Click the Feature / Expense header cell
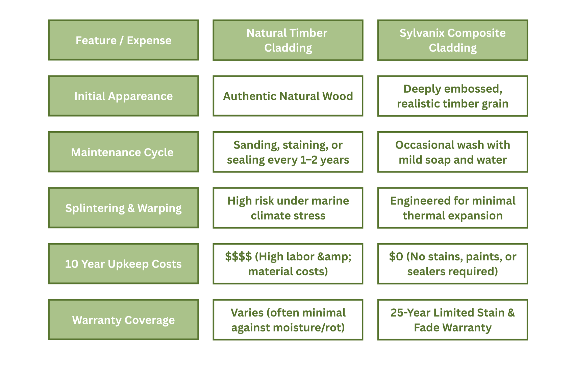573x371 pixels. click(123, 40)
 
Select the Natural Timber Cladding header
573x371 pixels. click(288, 40)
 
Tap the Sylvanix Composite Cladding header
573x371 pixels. click(452, 40)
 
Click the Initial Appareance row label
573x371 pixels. click(123, 96)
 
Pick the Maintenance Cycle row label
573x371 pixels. click(123, 152)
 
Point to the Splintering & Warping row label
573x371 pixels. click(123, 208)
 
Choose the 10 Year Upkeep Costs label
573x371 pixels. click(123, 264)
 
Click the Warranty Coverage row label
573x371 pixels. click(123, 320)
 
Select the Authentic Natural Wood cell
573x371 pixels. click(288, 96)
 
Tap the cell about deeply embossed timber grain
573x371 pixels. click(452, 96)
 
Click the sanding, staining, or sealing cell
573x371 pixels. click(288, 152)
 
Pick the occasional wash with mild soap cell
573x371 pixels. click(452, 152)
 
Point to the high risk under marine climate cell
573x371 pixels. click(288, 208)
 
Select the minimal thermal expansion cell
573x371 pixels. click(452, 208)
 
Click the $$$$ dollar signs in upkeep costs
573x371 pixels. click(238, 256)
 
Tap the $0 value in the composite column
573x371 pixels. click(396, 256)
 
